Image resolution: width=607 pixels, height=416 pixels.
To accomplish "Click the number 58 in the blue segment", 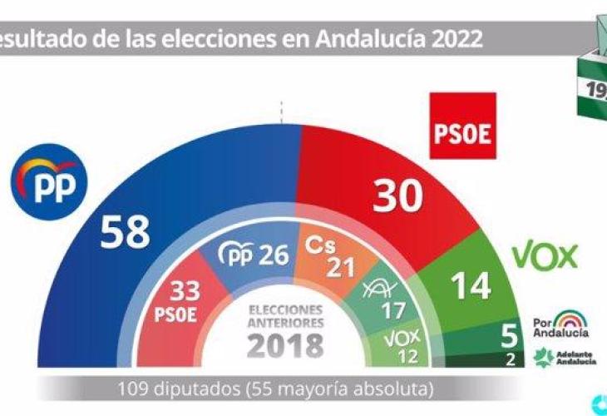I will coord(126,232).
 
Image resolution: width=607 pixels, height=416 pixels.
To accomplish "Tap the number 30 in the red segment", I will coord(397,200).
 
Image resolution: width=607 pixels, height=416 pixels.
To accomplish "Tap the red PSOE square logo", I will coord(462,126).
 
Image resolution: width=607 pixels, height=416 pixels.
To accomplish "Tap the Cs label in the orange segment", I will coord(319,246).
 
